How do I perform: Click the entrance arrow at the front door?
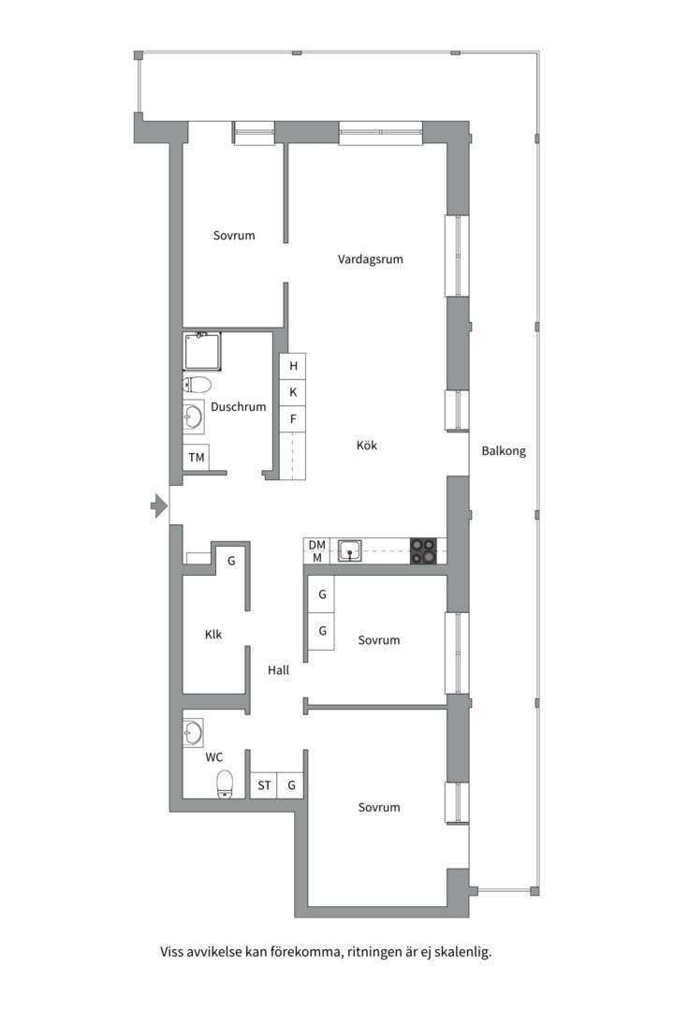click(158, 506)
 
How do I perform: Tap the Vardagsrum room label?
click(370, 259)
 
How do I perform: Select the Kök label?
click(366, 445)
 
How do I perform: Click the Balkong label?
click(504, 451)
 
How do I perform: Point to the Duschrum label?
click(238, 407)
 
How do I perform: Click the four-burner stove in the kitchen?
click(423, 551)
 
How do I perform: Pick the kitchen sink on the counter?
click(349, 551)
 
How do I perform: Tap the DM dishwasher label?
click(316, 545)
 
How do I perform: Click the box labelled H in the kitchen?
click(293, 366)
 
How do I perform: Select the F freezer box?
click(293, 419)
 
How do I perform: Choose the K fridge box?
click(293, 392)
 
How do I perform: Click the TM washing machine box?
click(196, 457)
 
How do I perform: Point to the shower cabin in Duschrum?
click(202, 351)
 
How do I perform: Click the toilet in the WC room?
click(225, 784)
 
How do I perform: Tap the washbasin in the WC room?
click(193, 732)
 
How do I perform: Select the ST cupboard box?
click(264, 785)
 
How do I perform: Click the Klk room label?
click(212, 635)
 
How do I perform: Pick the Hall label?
click(279, 670)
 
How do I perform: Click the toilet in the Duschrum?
click(198, 385)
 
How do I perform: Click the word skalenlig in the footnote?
click(462, 952)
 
